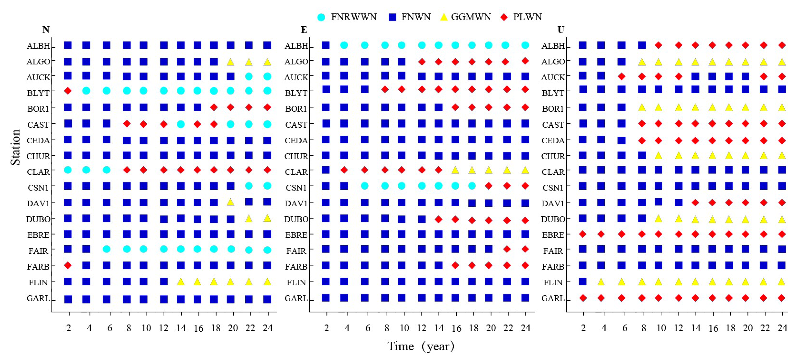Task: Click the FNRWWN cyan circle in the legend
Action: click(321, 17)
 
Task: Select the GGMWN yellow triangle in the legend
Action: click(444, 17)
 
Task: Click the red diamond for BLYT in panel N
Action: click(68, 91)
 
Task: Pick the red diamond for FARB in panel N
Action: click(68, 265)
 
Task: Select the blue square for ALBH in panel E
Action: click(326, 45)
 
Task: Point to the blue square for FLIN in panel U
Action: click(583, 282)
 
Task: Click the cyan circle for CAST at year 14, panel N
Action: click(181, 124)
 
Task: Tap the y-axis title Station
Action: click(15, 148)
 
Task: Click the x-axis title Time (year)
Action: click(421, 346)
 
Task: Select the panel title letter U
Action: click(561, 30)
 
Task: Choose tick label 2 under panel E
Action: click(326, 328)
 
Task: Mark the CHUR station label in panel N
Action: click(38, 156)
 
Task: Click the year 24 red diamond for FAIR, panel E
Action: click(525, 249)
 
